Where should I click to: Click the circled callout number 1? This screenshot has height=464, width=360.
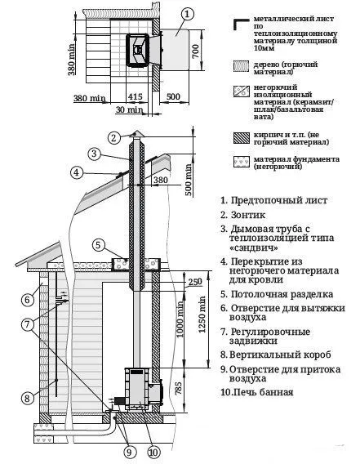click(188, 13)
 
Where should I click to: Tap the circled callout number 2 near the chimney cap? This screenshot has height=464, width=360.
click(114, 136)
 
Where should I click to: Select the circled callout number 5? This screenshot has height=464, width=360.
click(98, 244)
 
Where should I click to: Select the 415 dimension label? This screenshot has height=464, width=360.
click(136, 97)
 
